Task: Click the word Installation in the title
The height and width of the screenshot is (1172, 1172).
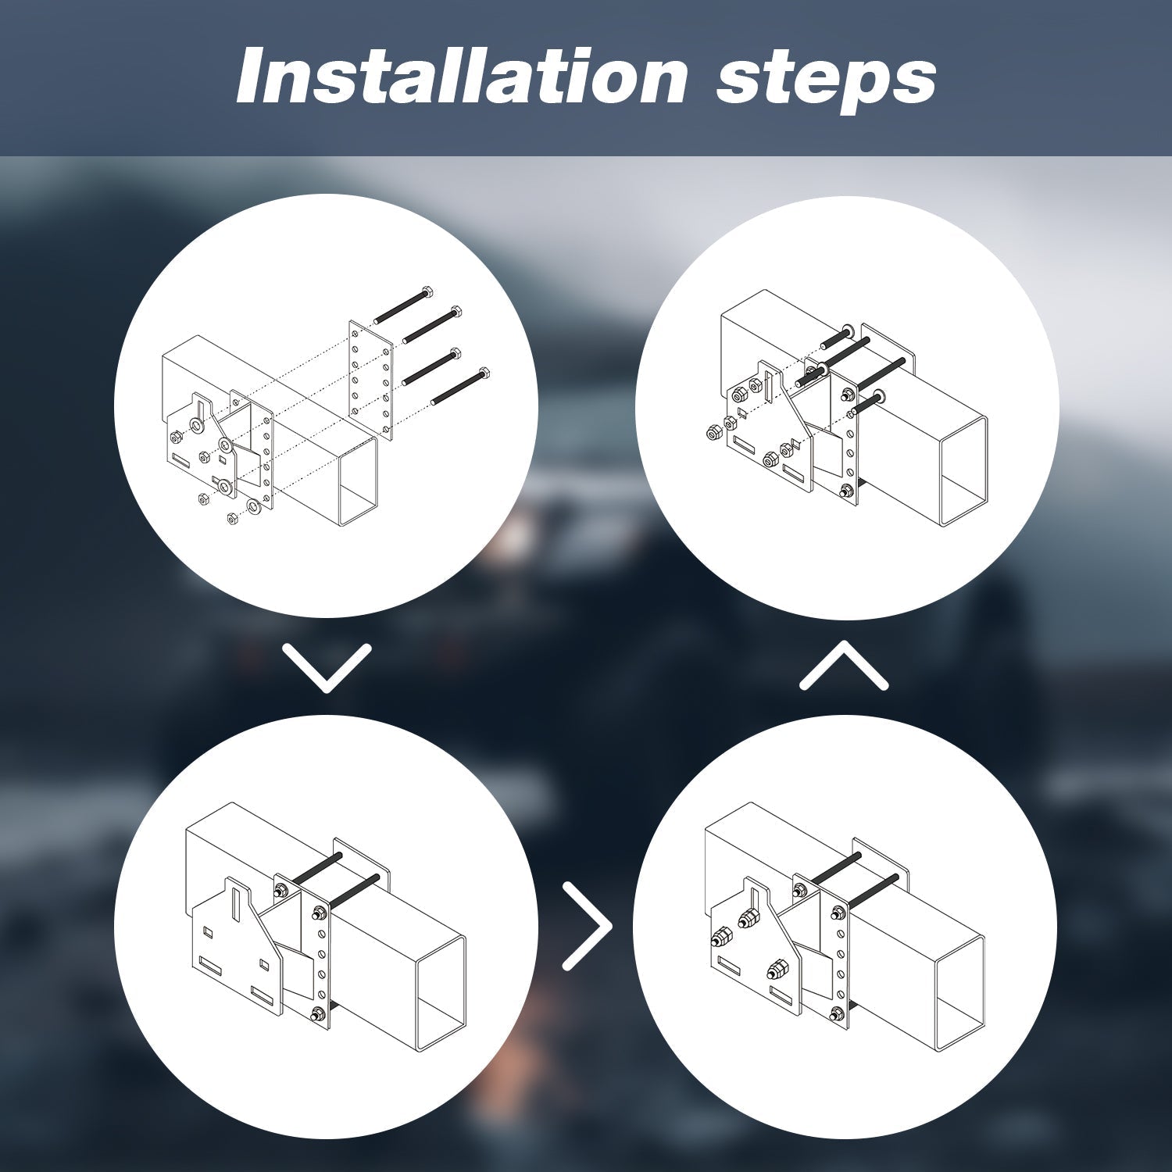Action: click(x=462, y=76)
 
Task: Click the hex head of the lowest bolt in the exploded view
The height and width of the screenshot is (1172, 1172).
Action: click(x=484, y=373)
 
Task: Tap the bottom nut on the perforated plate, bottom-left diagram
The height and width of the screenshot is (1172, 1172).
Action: click(x=317, y=1016)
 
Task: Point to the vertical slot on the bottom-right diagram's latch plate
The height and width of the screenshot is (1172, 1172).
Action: click(x=754, y=902)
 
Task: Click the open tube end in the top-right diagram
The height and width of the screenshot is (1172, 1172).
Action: click(x=963, y=467)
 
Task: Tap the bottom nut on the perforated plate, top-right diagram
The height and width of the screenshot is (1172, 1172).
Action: click(x=847, y=492)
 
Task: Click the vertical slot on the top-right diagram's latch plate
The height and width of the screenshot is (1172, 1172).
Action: click(x=770, y=386)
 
